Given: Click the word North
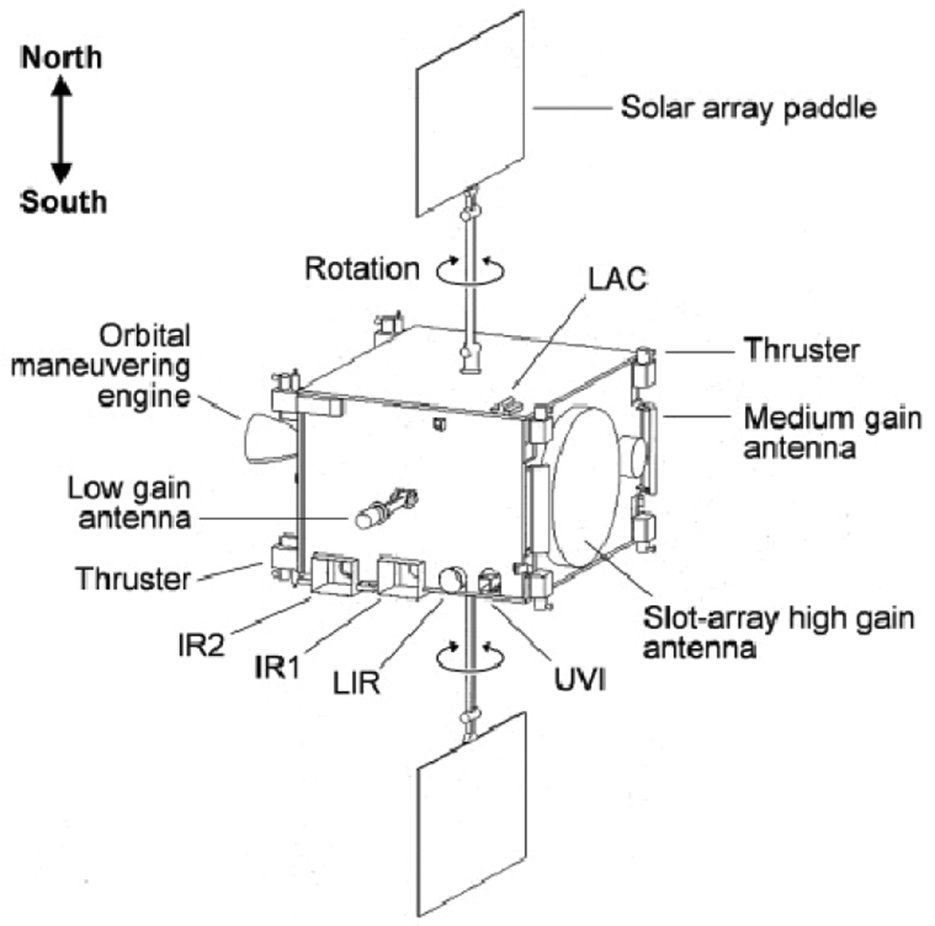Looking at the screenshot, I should (x=62, y=57).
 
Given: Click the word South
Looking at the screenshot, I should (x=64, y=201).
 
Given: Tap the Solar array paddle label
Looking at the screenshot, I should (x=748, y=107).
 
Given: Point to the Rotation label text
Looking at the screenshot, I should (x=362, y=268).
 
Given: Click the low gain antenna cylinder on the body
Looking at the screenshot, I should (x=372, y=516).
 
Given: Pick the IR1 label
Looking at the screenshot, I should (x=277, y=668).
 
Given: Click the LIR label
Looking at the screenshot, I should (x=356, y=681).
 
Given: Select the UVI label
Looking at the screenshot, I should (x=580, y=680).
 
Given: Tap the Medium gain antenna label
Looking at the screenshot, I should (x=831, y=432).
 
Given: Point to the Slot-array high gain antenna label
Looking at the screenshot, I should (x=778, y=633).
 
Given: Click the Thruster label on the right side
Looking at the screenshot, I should (x=801, y=350).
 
